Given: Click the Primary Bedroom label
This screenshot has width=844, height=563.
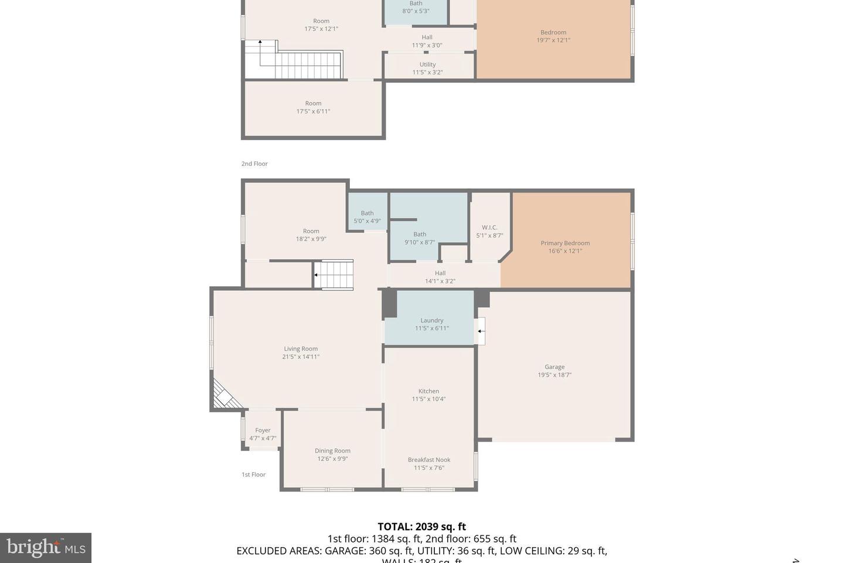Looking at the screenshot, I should (565, 243).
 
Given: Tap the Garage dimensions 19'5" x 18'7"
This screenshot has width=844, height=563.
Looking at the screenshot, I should (554, 375).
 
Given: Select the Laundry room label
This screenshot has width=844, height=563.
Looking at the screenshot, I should (432, 320).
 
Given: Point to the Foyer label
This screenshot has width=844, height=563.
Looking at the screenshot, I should (263, 430).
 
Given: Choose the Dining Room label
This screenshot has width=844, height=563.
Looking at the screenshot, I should (332, 451).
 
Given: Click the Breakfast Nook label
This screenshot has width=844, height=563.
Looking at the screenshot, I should (429, 460).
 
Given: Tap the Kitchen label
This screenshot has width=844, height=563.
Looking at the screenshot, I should (428, 391).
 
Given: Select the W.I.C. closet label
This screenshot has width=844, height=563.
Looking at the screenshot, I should (489, 228).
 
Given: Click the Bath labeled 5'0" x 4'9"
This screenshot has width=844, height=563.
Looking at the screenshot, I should (367, 217).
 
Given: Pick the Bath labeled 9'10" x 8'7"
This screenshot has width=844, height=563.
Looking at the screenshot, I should (420, 238).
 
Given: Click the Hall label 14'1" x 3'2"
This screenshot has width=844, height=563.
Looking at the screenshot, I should (440, 277).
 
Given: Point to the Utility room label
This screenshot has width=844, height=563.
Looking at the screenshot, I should (427, 65).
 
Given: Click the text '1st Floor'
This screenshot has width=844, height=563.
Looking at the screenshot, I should (254, 474).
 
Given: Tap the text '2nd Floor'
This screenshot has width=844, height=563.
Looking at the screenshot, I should (254, 164).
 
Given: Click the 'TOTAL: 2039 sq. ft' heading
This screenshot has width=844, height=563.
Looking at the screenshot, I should (421, 527).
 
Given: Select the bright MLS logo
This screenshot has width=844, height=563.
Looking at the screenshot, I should (46, 548).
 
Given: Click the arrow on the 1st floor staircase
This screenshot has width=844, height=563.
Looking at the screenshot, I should (316, 274).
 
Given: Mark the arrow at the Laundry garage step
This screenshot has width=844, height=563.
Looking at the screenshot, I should (479, 331).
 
